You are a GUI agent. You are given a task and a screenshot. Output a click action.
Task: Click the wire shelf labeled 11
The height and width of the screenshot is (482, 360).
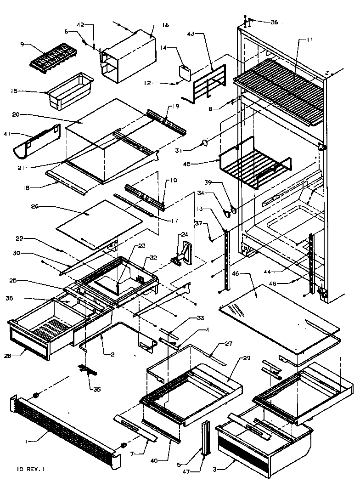(280, 87)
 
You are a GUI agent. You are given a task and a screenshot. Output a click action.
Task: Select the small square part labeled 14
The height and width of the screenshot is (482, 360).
(185, 72)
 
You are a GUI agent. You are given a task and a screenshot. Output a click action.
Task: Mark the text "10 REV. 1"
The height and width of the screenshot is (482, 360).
(31, 469)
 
